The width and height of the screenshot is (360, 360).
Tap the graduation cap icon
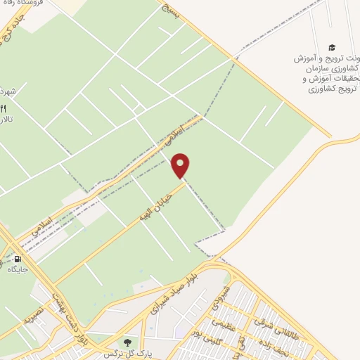[332, 47]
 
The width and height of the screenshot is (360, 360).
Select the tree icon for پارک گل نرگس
[128, 342]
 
